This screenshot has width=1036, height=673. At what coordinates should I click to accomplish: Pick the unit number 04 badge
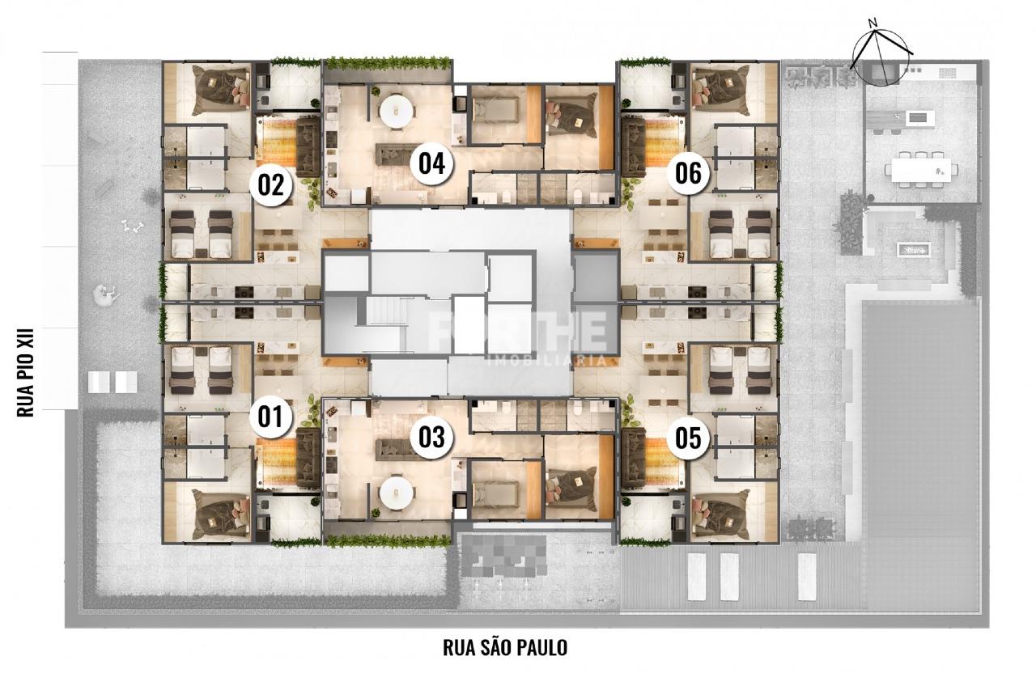click(431, 163)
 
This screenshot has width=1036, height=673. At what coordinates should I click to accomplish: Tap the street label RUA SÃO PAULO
click(504, 648)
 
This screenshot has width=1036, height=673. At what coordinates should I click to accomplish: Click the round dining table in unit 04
click(397, 112)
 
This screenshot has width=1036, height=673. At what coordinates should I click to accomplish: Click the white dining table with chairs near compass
click(920, 171)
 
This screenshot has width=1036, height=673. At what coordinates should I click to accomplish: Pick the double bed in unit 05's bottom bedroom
click(720, 513)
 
